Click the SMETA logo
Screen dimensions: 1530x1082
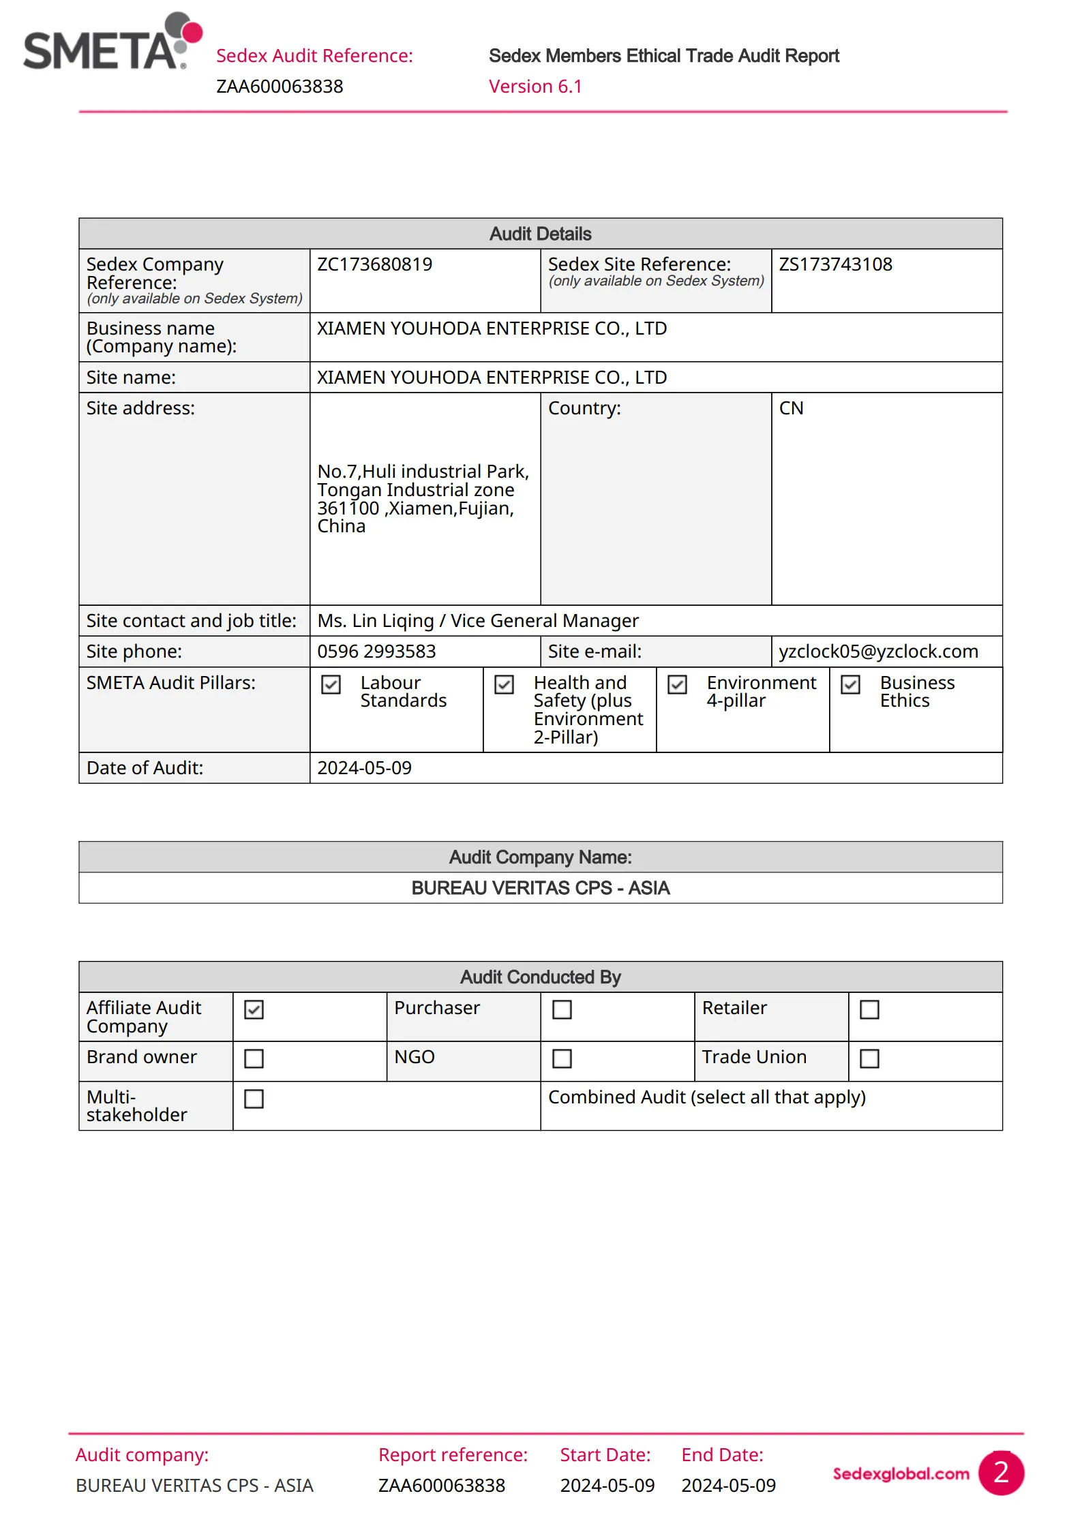(112, 42)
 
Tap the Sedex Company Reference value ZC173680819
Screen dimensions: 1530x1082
(374, 264)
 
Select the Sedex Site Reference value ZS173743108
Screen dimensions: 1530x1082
(835, 264)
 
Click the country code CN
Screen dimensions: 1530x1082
(791, 408)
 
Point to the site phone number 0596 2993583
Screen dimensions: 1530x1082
(376, 652)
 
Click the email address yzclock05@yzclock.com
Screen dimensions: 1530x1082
(878, 652)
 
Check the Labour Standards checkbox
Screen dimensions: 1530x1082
(331, 684)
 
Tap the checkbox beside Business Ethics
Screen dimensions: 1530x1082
(850, 684)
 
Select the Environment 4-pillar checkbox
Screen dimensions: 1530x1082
(677, 684)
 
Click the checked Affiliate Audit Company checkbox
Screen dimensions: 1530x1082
(254, 1009)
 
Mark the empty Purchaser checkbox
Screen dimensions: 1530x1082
(562, 1009)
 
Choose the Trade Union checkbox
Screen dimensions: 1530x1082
(869, 1058)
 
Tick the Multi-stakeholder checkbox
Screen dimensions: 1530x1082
(254, 1099)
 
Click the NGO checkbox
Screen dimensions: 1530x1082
(562, 1058)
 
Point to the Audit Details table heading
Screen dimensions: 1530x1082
(540, 234)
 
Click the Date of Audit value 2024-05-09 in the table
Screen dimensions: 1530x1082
(364, 768)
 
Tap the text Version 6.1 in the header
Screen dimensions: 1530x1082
(535, 87)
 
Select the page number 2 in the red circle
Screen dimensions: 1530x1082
(1001, 1473)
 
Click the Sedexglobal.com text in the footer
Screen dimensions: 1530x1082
(901, 1473)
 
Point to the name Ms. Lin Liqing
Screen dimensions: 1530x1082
(376, 621)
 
